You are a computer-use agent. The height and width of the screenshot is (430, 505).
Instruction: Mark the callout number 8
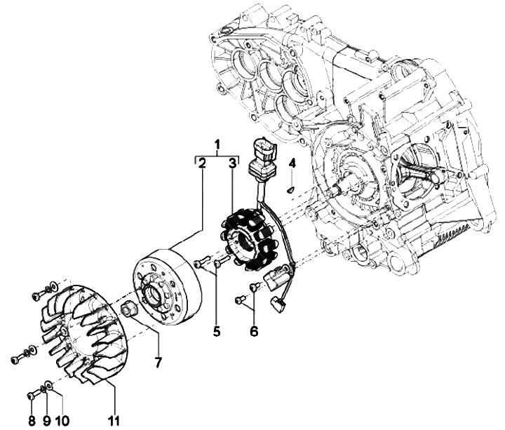(32, 421)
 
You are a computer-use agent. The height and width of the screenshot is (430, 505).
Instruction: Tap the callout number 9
(46, 421)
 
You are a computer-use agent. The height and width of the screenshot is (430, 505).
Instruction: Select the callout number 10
(63, 421)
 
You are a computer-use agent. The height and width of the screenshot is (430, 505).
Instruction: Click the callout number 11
(113, 421)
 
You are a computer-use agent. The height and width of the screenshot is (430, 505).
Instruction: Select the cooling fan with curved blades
(78, 330)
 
